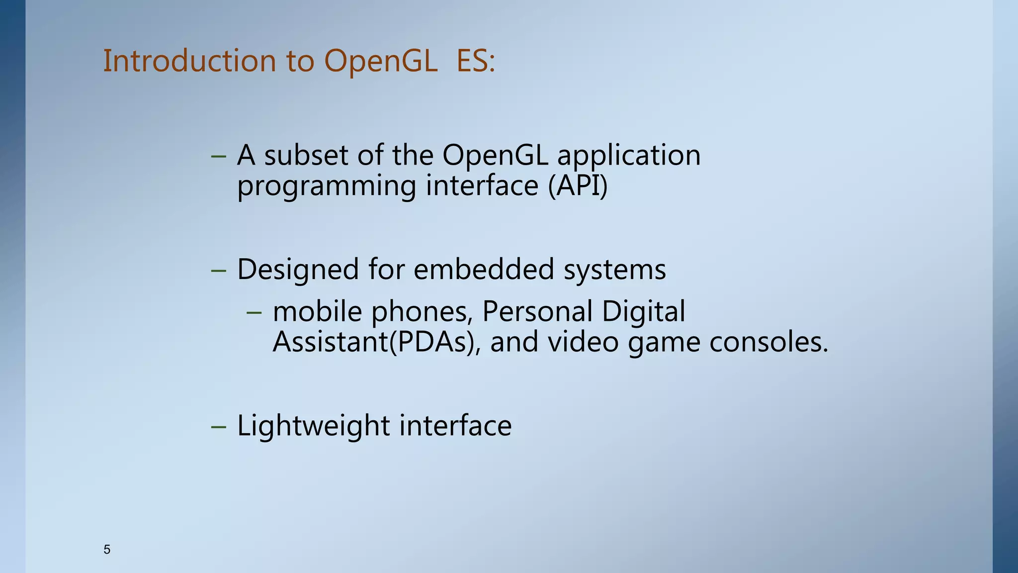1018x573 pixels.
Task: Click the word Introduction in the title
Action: (x=189, y=61)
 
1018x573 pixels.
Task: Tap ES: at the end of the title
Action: (x=476, y=61)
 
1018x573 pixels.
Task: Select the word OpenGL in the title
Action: (x=381, y=62)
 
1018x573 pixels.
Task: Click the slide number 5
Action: (x=107, y=550)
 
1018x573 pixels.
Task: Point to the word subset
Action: (x=306, y=155)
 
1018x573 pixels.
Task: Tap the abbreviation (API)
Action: (x=578, y=187)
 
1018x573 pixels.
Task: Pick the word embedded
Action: (x=484, y=270)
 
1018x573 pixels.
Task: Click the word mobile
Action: (x=318, y=312)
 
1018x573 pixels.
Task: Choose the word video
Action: (x=583, y=342)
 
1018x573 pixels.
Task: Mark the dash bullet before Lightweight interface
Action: (x=219, y=427)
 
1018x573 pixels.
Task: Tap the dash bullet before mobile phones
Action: (x=254, y=312)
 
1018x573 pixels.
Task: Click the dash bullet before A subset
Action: (x=219, y=156)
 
